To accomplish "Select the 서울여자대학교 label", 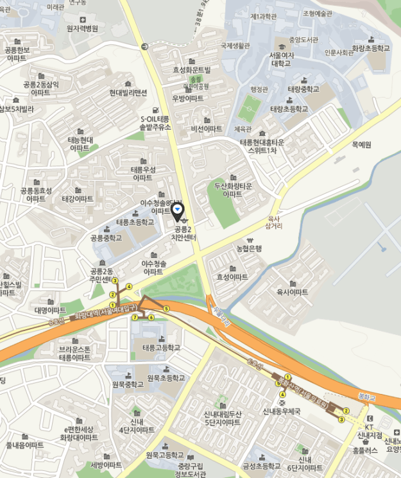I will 280,60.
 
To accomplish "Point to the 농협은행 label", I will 249,248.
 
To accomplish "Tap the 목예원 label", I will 362,145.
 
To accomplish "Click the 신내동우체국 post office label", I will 282,410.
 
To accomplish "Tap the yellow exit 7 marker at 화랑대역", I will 135,317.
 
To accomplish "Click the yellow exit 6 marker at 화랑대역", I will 151,317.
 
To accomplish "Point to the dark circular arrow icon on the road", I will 144,46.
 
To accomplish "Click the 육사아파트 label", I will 292,292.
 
